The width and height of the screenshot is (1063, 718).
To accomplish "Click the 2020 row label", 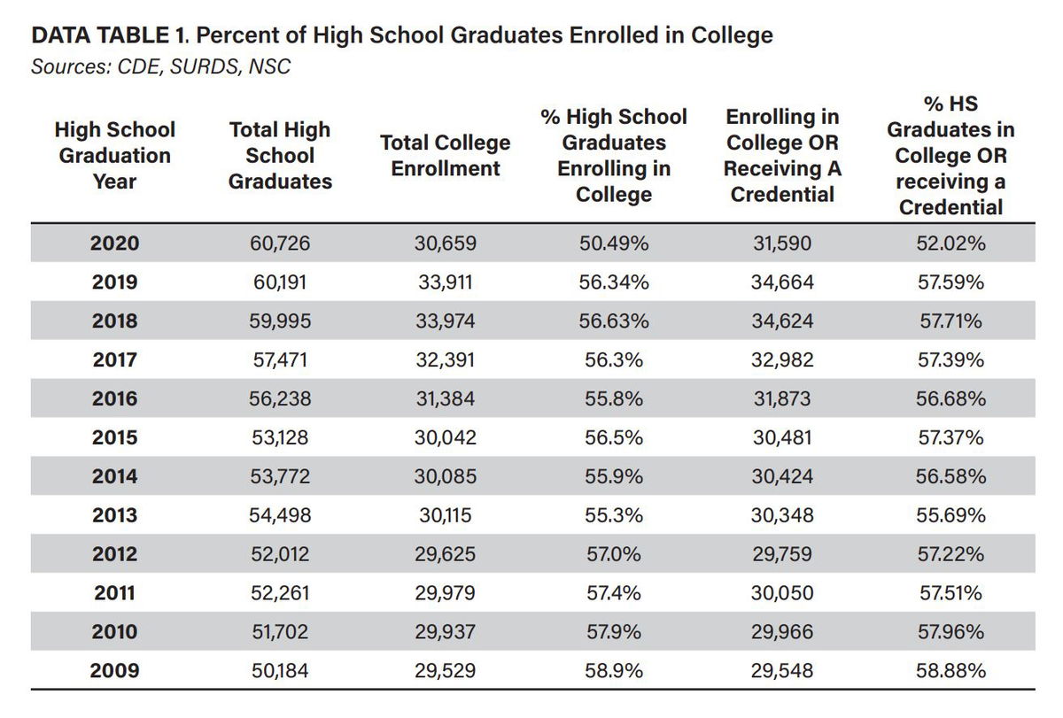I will [x=115, y=243].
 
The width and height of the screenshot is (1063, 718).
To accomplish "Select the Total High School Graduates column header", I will [x=280, y=156].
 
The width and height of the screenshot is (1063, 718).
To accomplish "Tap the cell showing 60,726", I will [x=280, y=243].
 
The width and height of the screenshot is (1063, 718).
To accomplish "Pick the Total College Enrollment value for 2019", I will [x=445, y=282].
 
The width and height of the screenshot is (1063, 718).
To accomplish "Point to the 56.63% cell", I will [x=613, y=321].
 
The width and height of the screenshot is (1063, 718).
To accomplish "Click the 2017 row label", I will [x=115, y=360].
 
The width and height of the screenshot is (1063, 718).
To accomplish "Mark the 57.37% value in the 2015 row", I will [x=950, y=438].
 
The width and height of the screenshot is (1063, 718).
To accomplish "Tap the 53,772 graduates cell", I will [x=280, y=476].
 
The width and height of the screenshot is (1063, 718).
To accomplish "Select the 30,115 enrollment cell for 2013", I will [x=445, y=515].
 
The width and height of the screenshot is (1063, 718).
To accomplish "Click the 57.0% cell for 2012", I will [x=613, y=554].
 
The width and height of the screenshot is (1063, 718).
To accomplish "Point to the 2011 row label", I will [x=115, y=593].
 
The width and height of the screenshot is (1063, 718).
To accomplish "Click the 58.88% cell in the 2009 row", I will [x=950, y=671].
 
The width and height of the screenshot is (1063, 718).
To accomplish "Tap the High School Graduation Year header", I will [x=115, y=156].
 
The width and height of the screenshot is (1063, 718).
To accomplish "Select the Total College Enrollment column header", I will [x=445, y=156].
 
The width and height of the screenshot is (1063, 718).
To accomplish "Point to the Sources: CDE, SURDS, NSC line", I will [x=160, y=66].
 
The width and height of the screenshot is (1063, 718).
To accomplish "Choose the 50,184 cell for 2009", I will [x=280, y=671].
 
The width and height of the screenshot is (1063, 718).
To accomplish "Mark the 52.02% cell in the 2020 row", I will [x=950, y=243].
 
